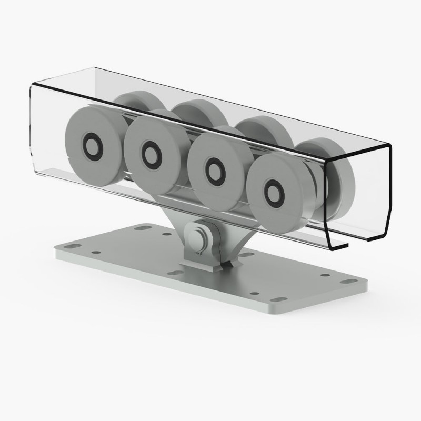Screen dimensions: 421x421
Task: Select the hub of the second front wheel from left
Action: click(x=152, y=152)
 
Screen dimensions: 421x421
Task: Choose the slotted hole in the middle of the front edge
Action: click(x=173, y=274)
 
